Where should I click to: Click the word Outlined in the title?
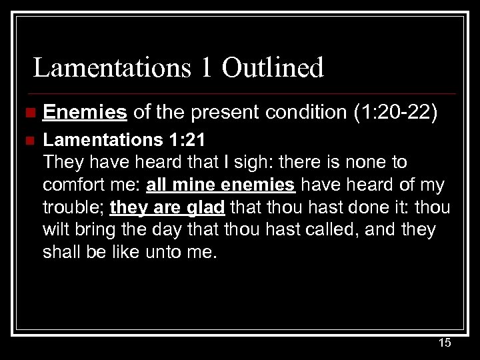273,68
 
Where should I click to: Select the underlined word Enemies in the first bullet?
85,113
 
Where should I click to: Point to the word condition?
302,113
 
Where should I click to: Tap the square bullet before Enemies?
26,113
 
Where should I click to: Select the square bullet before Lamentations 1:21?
26,140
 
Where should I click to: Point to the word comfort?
73,185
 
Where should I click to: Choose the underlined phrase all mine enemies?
221,185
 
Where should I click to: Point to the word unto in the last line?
163,253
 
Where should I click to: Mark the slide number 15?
444,343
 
